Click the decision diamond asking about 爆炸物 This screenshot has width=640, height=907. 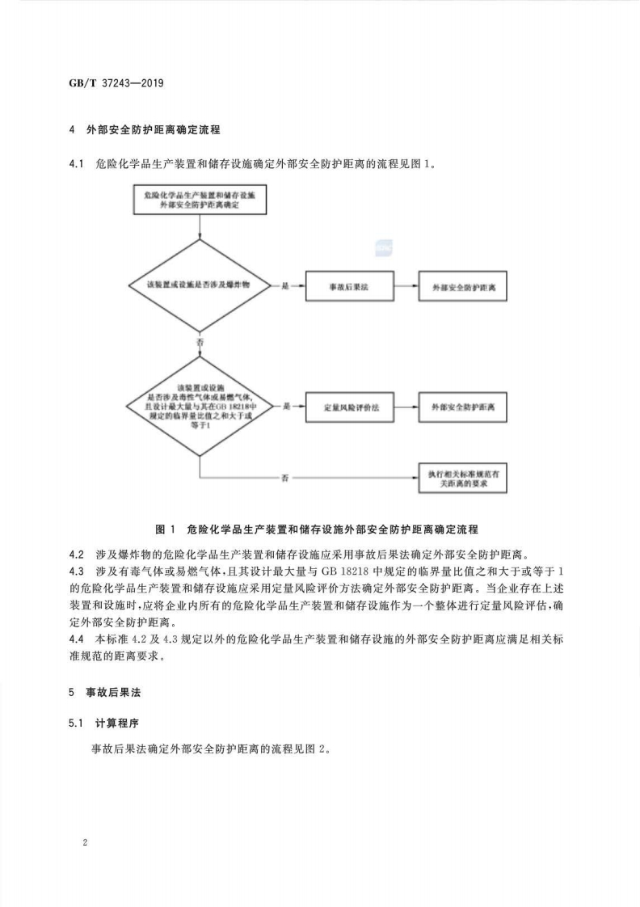[198, 287]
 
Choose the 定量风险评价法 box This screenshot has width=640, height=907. [348, 406]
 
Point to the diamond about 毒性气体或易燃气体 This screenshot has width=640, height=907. [198, 406]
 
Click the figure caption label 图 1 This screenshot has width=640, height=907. [165, 529]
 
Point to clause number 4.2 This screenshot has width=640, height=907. [77, 554]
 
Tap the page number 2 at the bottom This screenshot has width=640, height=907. [85, 842]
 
